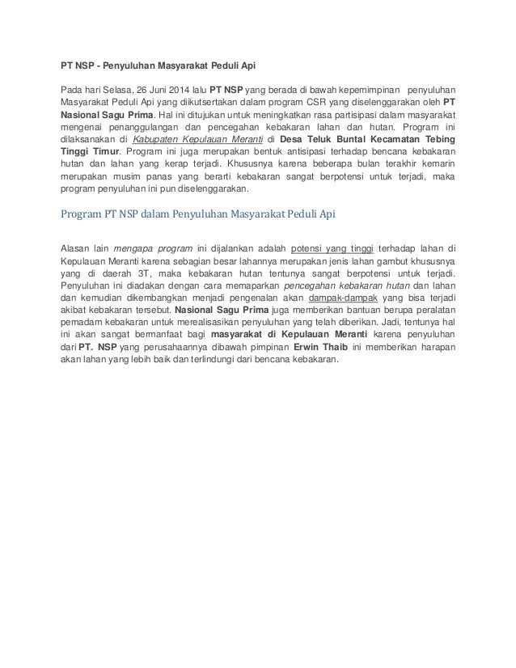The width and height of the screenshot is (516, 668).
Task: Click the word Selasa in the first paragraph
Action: point(113,90)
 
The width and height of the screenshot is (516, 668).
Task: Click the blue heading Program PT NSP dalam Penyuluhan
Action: point(198,214)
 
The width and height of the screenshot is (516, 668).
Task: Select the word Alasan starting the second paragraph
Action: point(77,248)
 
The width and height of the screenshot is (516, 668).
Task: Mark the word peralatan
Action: point(434,313)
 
